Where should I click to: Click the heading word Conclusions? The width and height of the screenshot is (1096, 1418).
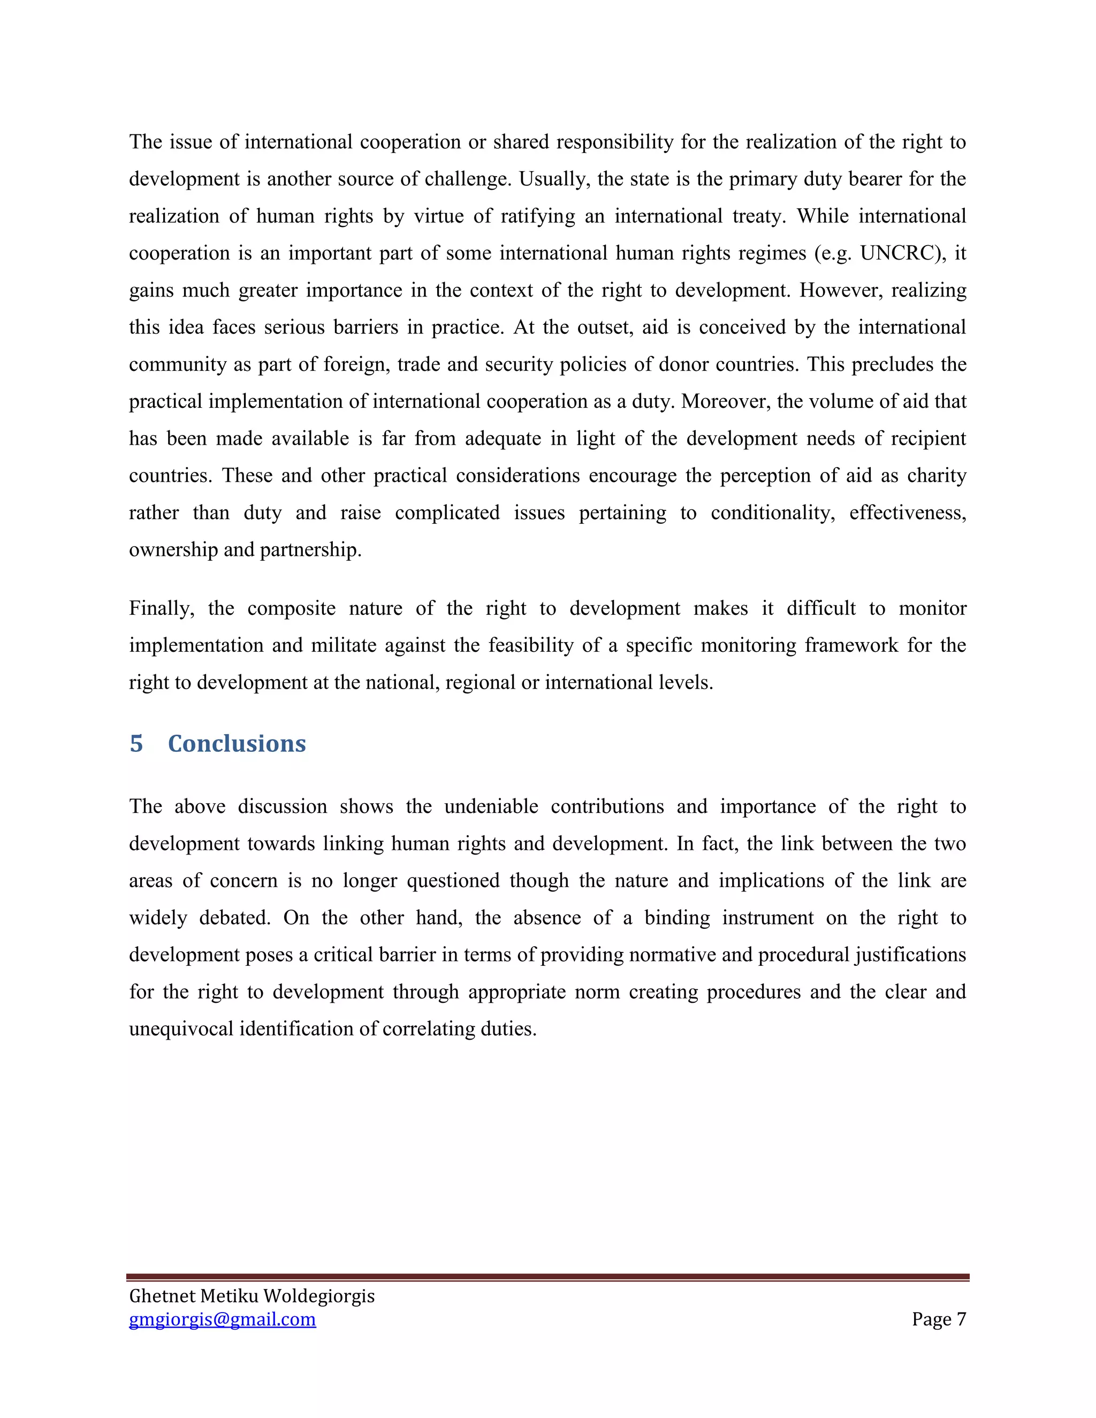pyautogui.click(x=237, y=743)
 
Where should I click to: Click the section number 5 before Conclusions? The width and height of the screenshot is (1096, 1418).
pyautogui.click(x=136, y=743)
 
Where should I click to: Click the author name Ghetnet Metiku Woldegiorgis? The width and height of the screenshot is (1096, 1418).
pyautogui.click(x=252, y=1295)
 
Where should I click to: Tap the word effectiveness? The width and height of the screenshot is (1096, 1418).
pyautogui.click(x=907, y=513)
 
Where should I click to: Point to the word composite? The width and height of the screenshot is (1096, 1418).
pyautogui.click(x=291, y=608)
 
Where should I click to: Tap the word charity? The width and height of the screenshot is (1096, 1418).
pyautogui.click(x=937, y=476)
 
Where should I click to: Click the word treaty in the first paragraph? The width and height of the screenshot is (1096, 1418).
pyautogui.click(x=758, y=216)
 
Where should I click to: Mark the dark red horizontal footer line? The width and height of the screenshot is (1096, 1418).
pyautogui.click(x=547, y=1276)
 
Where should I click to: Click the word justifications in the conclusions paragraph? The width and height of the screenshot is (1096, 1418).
pyautogui.click(x=910, y=955)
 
